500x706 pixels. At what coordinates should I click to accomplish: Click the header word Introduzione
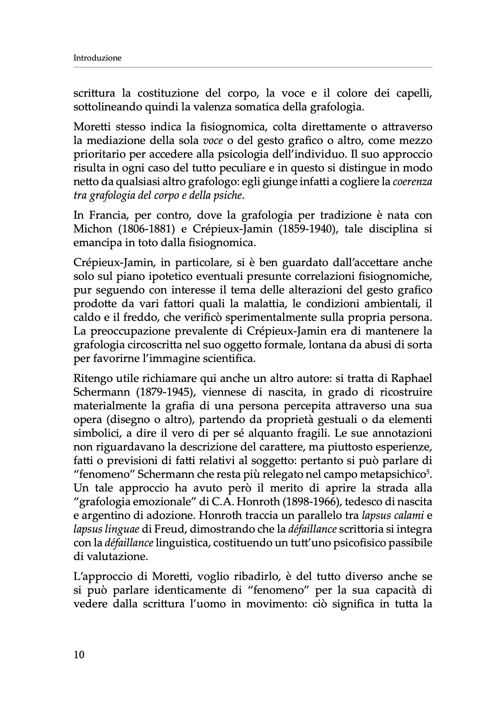click(x=97, y=58)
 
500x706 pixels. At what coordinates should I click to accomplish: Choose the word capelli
click(x=414, y=94)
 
